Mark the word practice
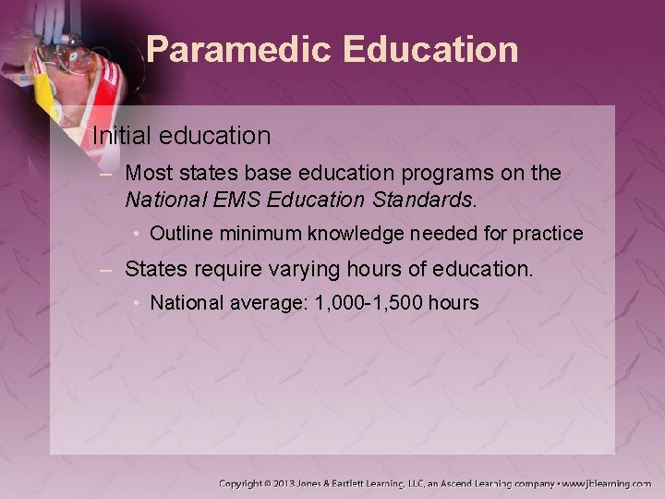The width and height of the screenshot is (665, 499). pos(550,234)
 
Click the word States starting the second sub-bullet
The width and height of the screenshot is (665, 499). pos(152,270)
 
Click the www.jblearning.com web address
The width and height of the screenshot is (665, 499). pos(607,483)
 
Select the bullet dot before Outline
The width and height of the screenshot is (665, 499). pos(137,234)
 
